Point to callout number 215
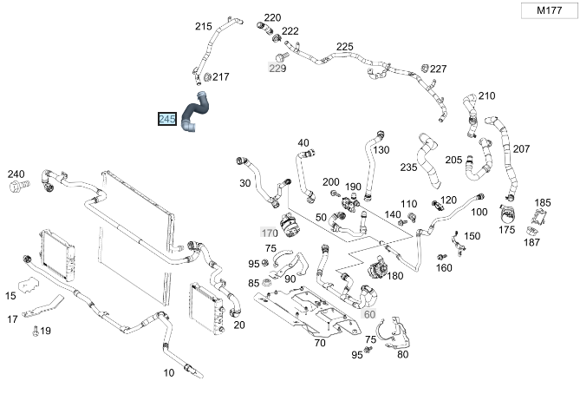203,27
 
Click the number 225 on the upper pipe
345,47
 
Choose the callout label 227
439,69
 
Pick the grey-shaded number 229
277,69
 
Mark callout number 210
486,95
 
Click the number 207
521,149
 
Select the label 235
409,167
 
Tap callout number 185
543,203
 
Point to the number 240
16,174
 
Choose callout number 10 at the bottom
169,372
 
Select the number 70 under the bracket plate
320,343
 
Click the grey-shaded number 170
269,233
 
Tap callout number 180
395,276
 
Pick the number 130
381,149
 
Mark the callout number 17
13,318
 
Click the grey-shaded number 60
370,313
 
